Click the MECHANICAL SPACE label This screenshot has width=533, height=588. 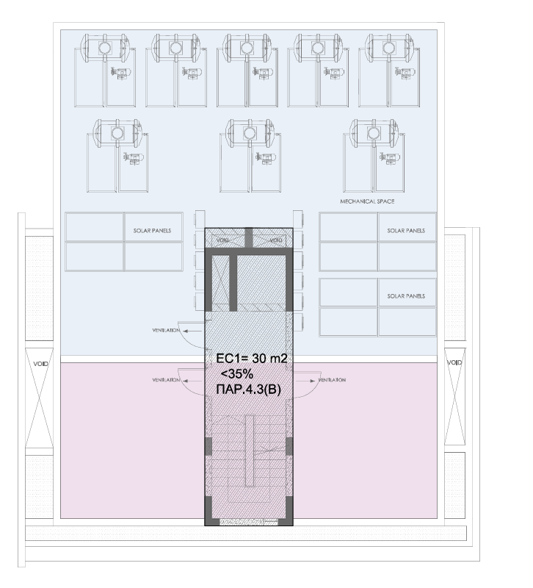pyautogui.click(x=367, y=201)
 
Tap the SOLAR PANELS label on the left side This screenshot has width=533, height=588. pyautogui.click(x=152, y=231)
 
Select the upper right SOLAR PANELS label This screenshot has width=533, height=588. pyautogui.click(x=406, y=231)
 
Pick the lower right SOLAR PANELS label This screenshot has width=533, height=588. pyautogui.click(x=406, y=296)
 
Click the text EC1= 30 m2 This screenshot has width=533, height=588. pyautogui.click(x=252, y=359)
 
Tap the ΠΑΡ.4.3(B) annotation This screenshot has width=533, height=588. pyautogui.click(x=248, y=390)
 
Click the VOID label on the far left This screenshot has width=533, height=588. pyautogui.click(x=40, y=364)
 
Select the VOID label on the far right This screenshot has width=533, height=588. pyautogui.click(x=454, y=362)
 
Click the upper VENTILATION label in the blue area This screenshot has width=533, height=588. pyautogui.click(x=166, y=330)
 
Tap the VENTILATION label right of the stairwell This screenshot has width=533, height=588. pyautogui.click(x=332, y=380)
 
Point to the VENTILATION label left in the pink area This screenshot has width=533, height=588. pyautogui.click(x=166, y=380)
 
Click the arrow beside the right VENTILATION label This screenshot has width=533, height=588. pyautogui.click(x=306, y=381)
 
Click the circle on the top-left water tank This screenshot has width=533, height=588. pyautogui.click(x=104, y=48)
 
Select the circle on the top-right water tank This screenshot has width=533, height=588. pyautogui.click(x=388, y=48)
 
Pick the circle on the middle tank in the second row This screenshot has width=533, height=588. pyautogui.click(x=249, y=133)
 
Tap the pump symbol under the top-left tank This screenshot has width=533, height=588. pyautogui.click(x=120, y=73)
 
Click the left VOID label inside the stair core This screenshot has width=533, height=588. pyautogui.click(x=222, y=240)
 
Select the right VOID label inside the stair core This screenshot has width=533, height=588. pyautogui.click(x=275, y=240)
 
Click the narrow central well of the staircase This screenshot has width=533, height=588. pyautogui.click(x=249, y=450)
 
